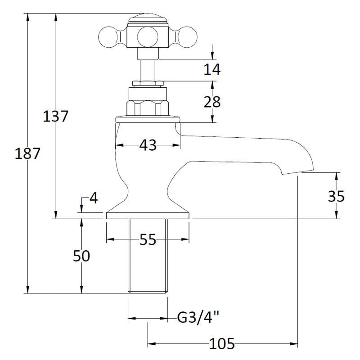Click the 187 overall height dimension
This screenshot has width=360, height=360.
[28, 153]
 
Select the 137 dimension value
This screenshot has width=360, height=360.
[56, 116]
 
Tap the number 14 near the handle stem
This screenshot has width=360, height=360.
[212, 69]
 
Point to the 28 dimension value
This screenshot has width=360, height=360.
[212, 102]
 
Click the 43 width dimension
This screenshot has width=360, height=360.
[148, 145]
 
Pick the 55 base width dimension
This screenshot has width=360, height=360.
[148, 239]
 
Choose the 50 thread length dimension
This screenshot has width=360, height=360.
[81, 256]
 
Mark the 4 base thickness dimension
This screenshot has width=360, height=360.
[93, 198]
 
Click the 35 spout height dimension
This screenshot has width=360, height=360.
[336, 196]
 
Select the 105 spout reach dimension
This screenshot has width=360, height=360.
[223, 345]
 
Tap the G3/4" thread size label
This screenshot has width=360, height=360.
[198, 318]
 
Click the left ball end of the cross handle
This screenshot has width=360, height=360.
[108, 35]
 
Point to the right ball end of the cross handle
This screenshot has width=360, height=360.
[187, 35]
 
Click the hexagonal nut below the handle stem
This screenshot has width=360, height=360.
[148, 106]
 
